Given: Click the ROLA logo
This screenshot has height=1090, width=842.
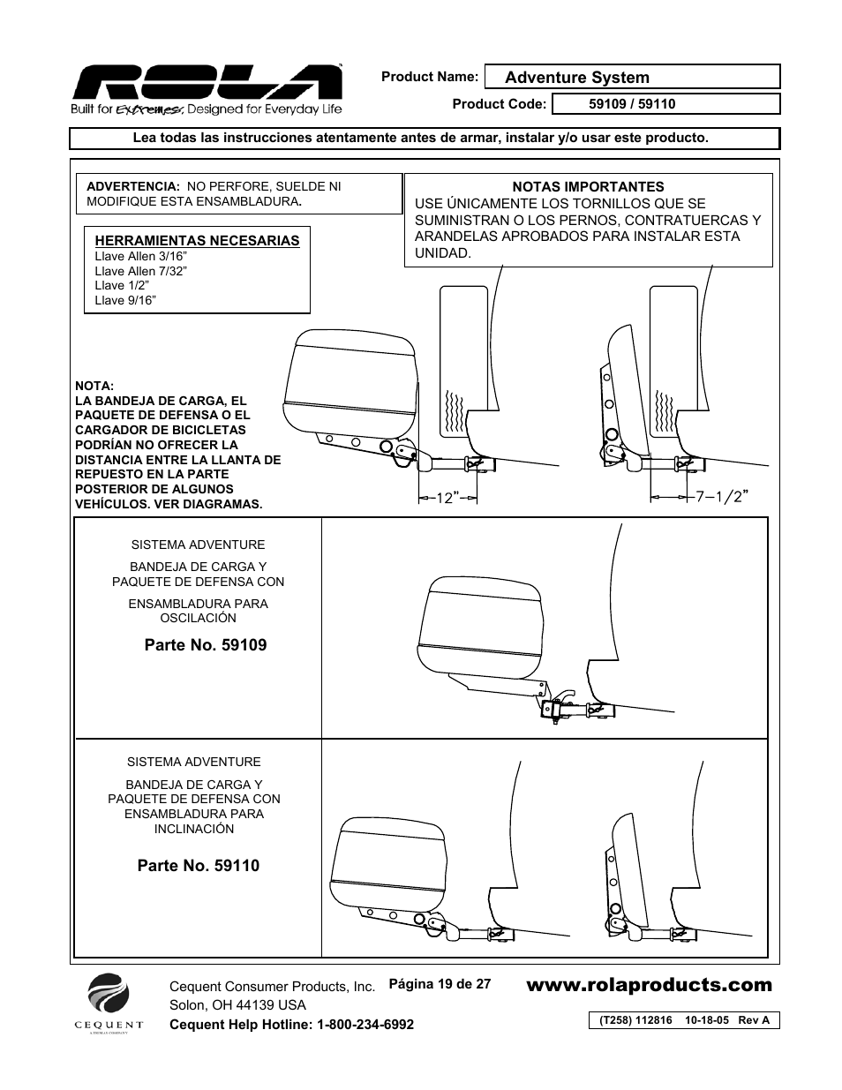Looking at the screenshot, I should coord(207,84).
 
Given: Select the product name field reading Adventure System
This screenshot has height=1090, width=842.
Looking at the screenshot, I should coord(577,78).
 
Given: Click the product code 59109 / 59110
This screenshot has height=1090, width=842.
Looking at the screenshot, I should coord(632,104).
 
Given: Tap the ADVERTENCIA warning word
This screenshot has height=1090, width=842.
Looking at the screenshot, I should coord(132,187).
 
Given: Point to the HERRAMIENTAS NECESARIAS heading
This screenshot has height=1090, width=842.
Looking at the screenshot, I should coord(197,241).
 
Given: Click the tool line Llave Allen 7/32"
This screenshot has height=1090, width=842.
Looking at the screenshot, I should coord(140,271).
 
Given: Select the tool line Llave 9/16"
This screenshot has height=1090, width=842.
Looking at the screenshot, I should coord(125,300).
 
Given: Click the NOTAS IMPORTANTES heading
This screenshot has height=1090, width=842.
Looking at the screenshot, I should coord(588,187).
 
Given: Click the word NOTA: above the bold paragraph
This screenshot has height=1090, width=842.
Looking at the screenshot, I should coord(94,386).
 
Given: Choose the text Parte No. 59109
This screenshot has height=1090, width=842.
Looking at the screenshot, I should coord(206,645).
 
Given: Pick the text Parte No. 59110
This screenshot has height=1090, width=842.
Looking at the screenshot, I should coord(199,866).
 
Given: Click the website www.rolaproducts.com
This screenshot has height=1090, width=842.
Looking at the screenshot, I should coord(649,985).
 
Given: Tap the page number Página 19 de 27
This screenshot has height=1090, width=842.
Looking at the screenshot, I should coord(440,983).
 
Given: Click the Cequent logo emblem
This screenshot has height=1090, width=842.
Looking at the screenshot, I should coord(108,995).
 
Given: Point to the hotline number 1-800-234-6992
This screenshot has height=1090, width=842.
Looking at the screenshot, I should coord(365,1024).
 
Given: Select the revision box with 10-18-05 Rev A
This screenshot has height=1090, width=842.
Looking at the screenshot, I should coord(684,1020).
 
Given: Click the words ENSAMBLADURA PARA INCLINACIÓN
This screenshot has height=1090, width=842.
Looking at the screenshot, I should coord(194,821).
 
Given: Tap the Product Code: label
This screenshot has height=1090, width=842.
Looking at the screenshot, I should coord(500,104).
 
